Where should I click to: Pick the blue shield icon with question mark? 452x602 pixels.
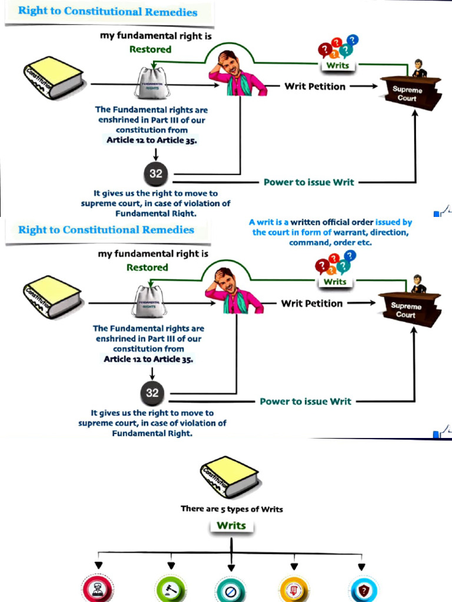[x=361, y=589]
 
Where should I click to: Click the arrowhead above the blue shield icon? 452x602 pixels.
[x=361, y=567]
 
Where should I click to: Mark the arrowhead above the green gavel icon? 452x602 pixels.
[x=171, y=566]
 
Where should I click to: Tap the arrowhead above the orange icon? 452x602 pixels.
[x=294, y=566]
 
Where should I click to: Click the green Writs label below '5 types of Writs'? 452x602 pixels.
[x=231, y=526]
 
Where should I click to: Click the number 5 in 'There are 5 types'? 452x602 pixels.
[x=224, y=509]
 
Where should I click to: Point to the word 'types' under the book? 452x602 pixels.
[x=240, y=509]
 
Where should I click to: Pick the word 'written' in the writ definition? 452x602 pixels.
[x=307, y=222]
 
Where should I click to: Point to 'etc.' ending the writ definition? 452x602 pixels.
[x=364, y=242]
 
